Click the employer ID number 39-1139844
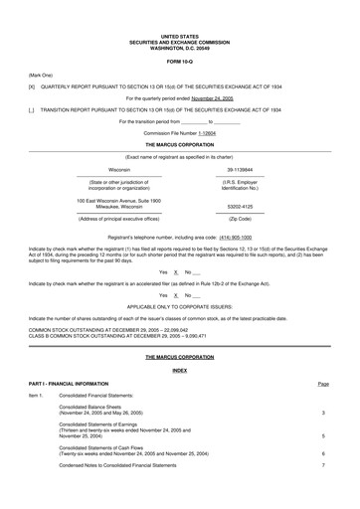240,170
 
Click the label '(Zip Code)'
240,217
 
